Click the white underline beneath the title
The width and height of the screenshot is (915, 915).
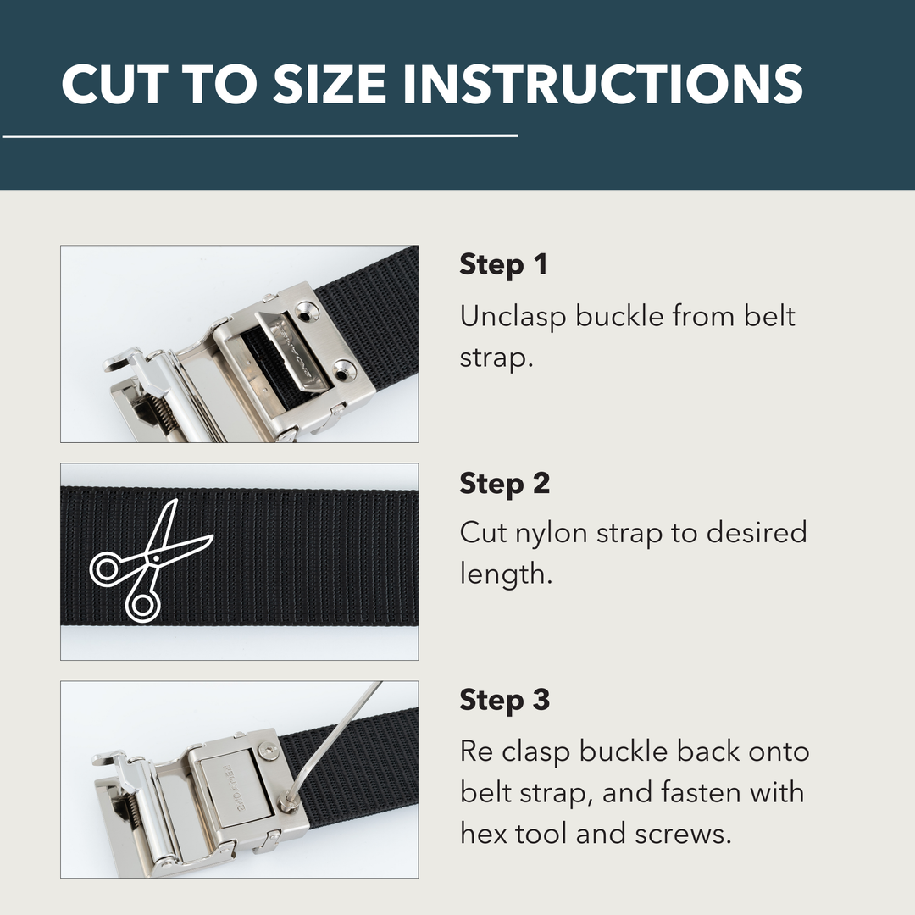(x=258, y=136)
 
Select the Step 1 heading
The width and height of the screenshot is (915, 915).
(x=503, y=265)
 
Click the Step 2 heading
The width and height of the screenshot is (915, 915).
(x=505, y=484)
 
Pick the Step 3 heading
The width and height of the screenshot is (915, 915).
(x=505, y=701)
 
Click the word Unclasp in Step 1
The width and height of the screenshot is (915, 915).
(x=513, y=317)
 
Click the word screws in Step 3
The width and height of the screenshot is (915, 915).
(x=687, y=835)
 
